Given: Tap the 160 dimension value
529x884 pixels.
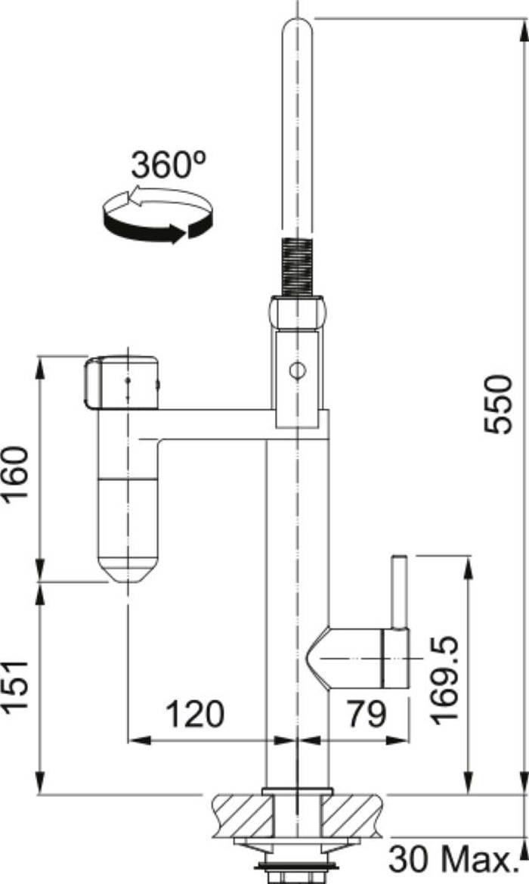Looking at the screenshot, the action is tap(15, 474).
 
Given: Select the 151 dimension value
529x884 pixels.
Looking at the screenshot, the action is tap(15, 687).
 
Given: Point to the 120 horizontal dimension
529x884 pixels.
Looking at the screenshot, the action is tap(194, 714).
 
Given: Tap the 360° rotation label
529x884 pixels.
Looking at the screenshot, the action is tap(169, 165).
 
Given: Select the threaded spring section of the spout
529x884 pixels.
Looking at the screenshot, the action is tap(296, 267).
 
